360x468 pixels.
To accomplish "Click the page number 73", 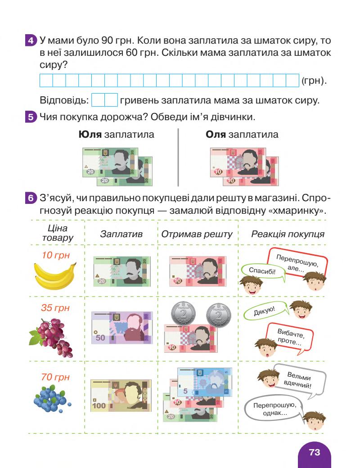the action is (315, 452).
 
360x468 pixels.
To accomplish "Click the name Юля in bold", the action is (90, 135).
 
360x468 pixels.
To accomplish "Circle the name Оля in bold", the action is (216, 135).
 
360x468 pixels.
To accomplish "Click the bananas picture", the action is (55, 275).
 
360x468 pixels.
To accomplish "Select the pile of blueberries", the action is (51, 396).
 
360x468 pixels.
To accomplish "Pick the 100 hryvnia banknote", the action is (121, 395).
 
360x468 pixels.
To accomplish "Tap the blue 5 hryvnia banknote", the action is (204, 382).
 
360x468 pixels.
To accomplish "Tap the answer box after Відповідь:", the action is (104, 99).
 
